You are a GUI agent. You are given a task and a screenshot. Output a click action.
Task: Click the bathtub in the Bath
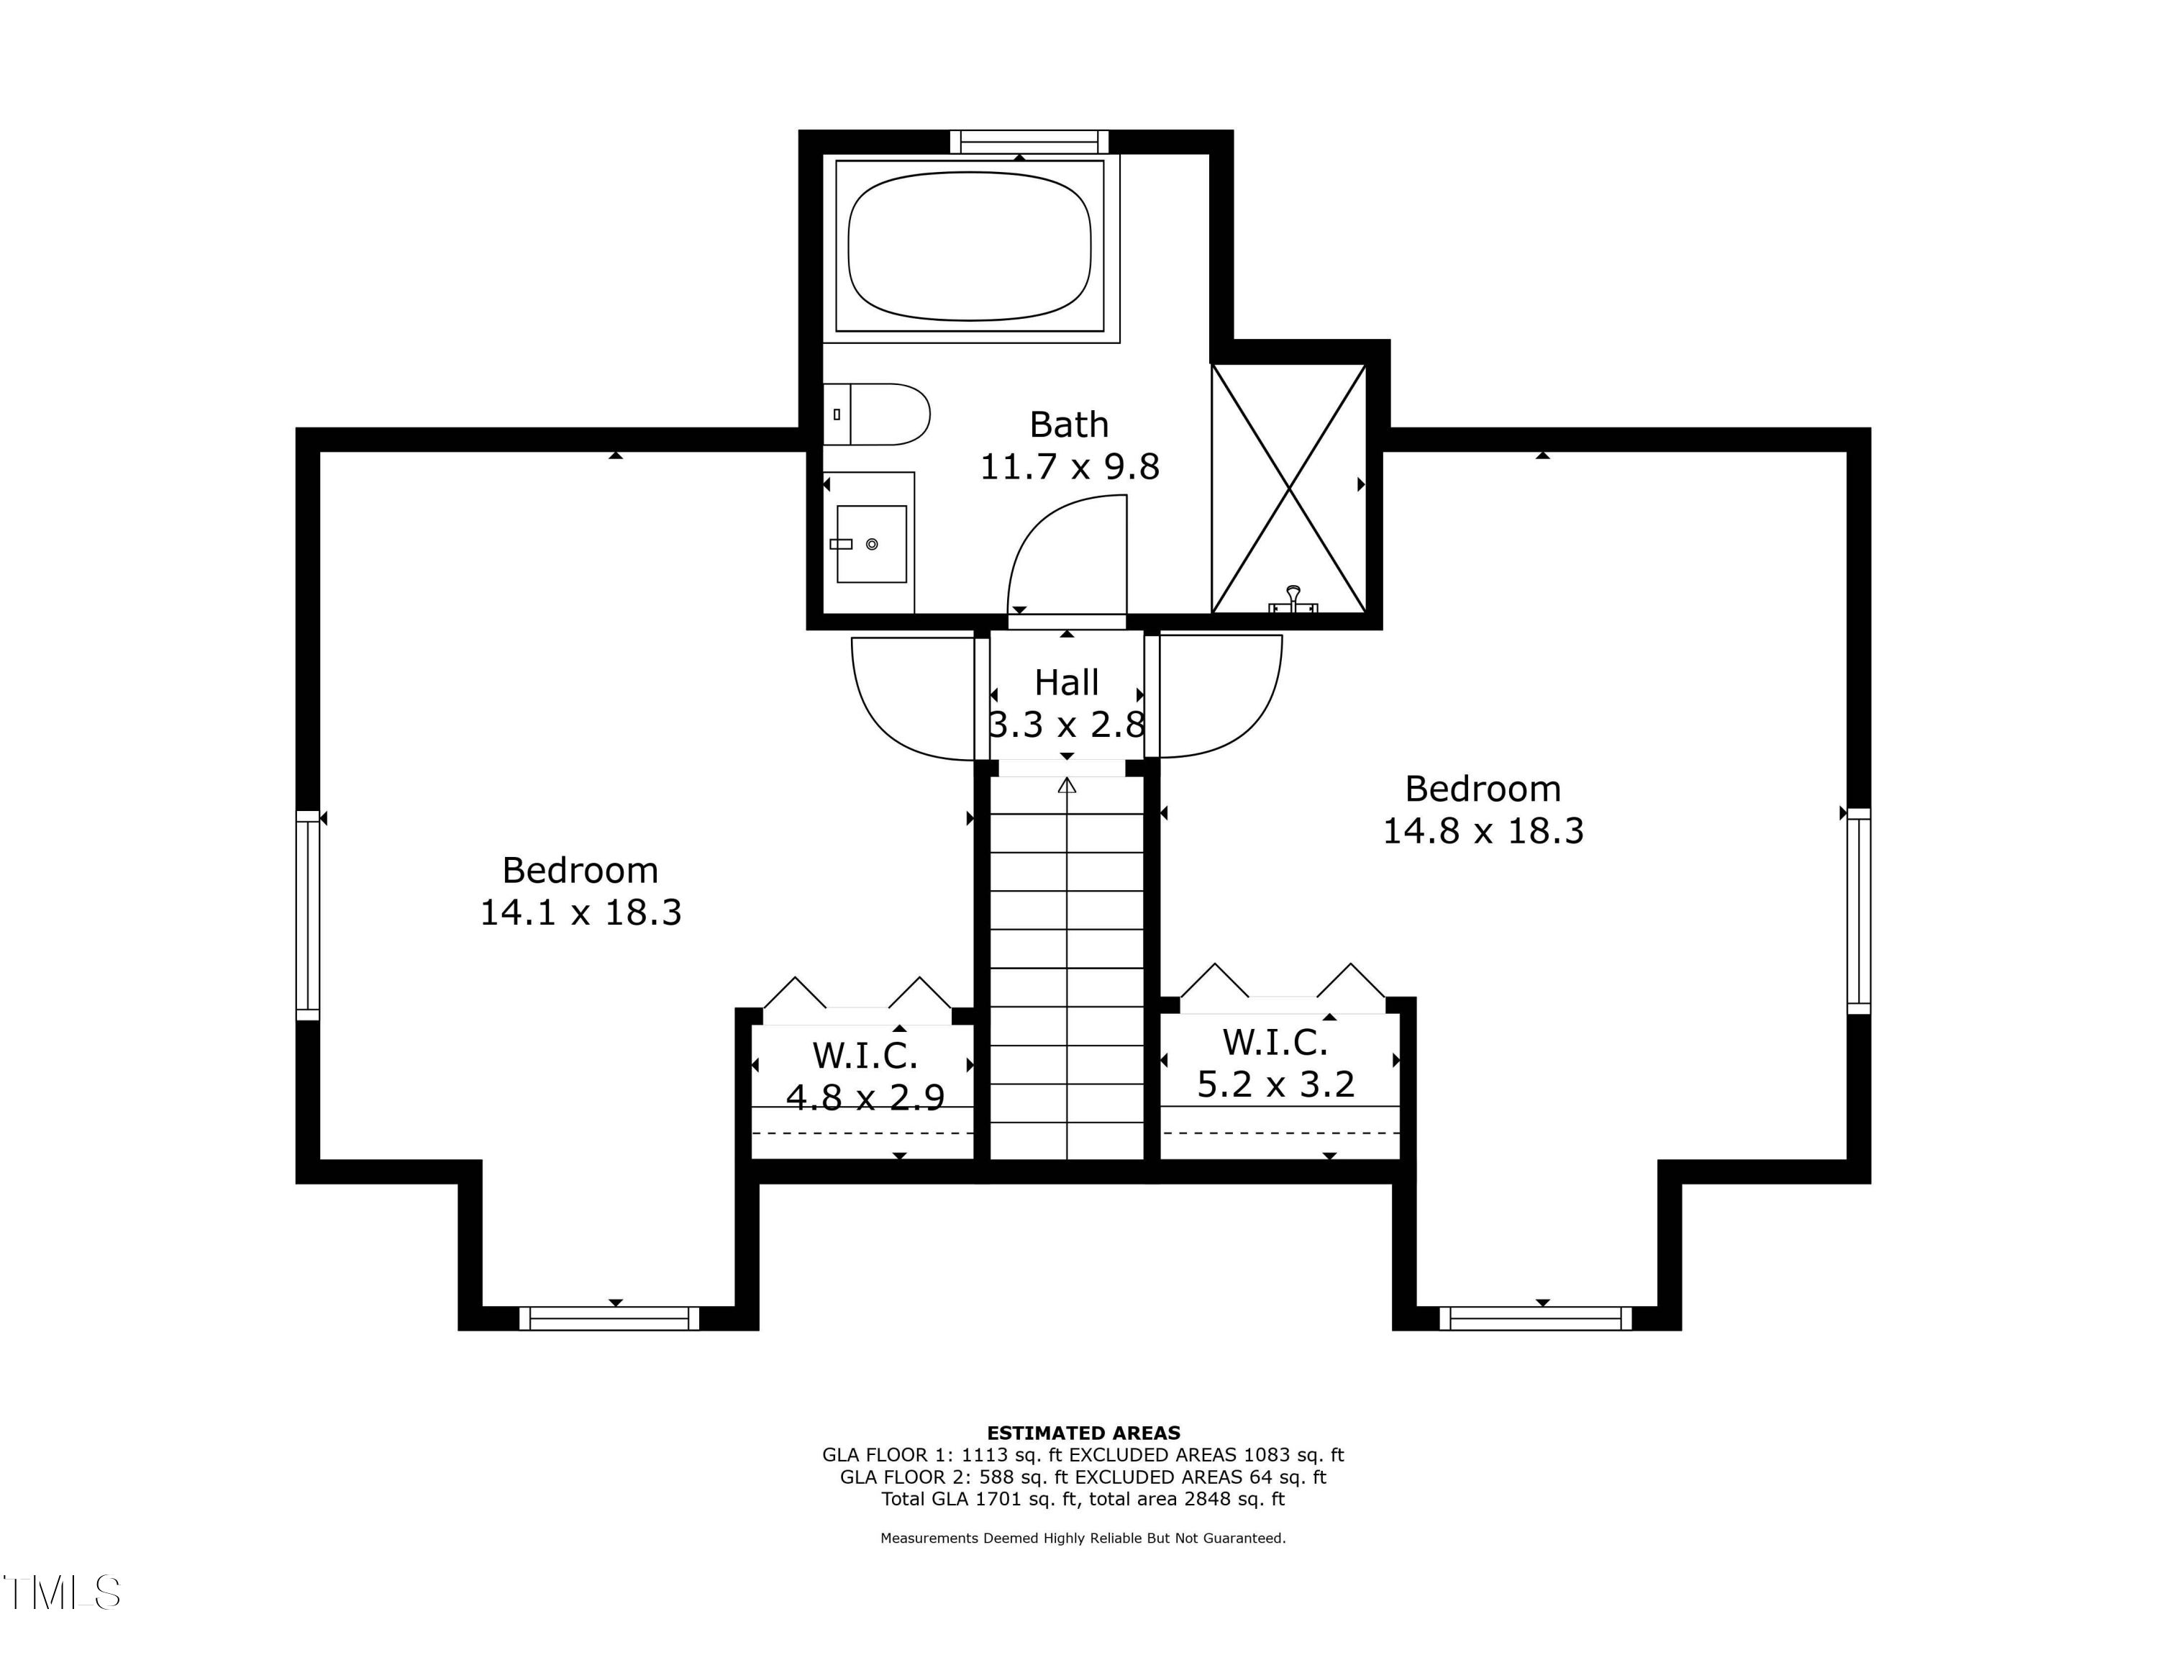click(x=970, y=247)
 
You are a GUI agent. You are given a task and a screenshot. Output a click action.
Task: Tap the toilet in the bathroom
click(x=876, y=414)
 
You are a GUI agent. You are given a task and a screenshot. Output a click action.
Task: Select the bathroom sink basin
click(x=872, y=543)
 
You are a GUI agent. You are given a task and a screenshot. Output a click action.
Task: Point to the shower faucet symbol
click(x=1293, y=600)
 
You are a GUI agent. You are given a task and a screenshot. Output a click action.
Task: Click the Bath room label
click(x=1069, y=425)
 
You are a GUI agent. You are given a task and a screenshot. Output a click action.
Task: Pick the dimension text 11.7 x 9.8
click(x=1069, y=466)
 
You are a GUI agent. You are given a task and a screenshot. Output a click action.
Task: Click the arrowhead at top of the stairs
click(x=1067, y=786)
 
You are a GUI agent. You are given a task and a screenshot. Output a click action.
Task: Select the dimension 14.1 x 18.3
click(x=581, y=912)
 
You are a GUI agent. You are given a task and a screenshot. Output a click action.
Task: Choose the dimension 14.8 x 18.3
click(x=1483, y=831)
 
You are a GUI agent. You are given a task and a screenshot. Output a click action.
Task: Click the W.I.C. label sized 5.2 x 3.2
click(x=1275, y=1043)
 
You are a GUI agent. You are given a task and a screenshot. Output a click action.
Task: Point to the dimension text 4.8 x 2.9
click(x=865, y=1097)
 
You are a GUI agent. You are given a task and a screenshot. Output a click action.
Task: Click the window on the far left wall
click(x=309, y=915)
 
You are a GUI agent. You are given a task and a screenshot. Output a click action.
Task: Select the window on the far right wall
click(x=1859, y=911)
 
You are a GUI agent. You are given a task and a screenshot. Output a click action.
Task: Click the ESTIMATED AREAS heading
click(x=1084, y=1433)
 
